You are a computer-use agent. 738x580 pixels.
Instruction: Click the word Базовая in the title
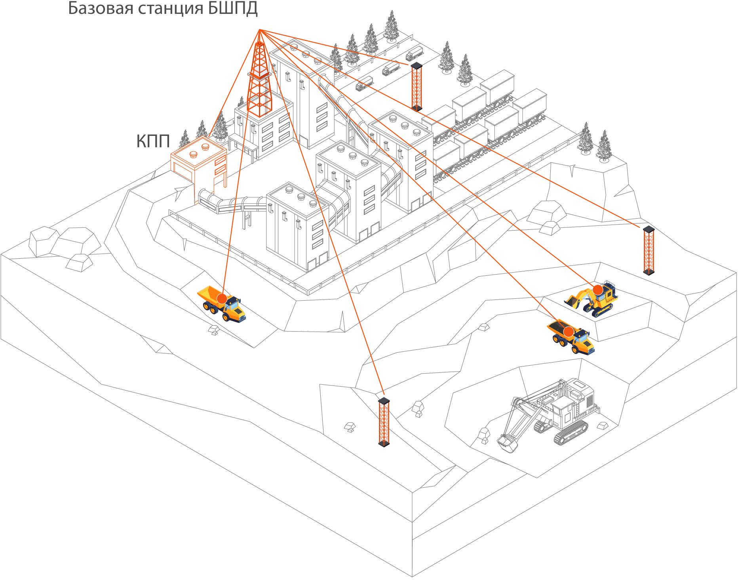[x=101, y=9]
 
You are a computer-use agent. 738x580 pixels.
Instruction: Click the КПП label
[x=153, y=141]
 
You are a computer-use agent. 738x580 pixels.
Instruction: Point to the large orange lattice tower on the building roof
[x=259, y=79]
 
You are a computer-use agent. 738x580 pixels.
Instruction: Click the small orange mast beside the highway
[x=416, y=86]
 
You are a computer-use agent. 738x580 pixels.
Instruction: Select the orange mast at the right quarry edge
[x=649, y=250]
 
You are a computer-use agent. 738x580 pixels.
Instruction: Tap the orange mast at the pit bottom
[x=384, y=422]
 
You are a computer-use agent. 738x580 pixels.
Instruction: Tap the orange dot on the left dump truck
[x=222, y=299]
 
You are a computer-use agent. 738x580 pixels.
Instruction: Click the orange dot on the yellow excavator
[x=597, y=290]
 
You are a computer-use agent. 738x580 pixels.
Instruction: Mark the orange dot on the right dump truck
[x=569, y=332]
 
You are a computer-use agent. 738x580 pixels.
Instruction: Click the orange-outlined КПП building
[x=198, y=160]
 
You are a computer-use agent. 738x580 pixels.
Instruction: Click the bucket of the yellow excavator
[x=572, y=301]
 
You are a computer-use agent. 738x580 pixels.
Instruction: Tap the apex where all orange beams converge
[x=259, y=30]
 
